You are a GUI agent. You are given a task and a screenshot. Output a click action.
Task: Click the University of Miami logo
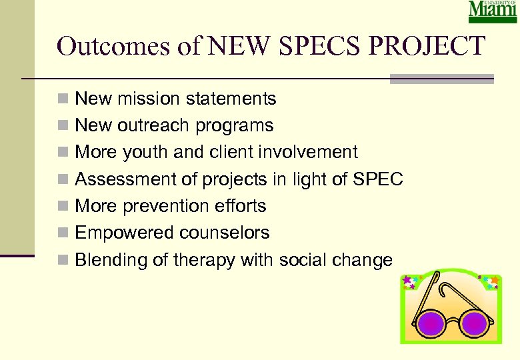[493, 12]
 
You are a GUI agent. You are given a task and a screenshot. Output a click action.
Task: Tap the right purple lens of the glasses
[475, 323]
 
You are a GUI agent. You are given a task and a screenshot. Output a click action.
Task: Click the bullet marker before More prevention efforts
[62, 207]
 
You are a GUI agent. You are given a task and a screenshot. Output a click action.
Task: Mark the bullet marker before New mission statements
[62, 100]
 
